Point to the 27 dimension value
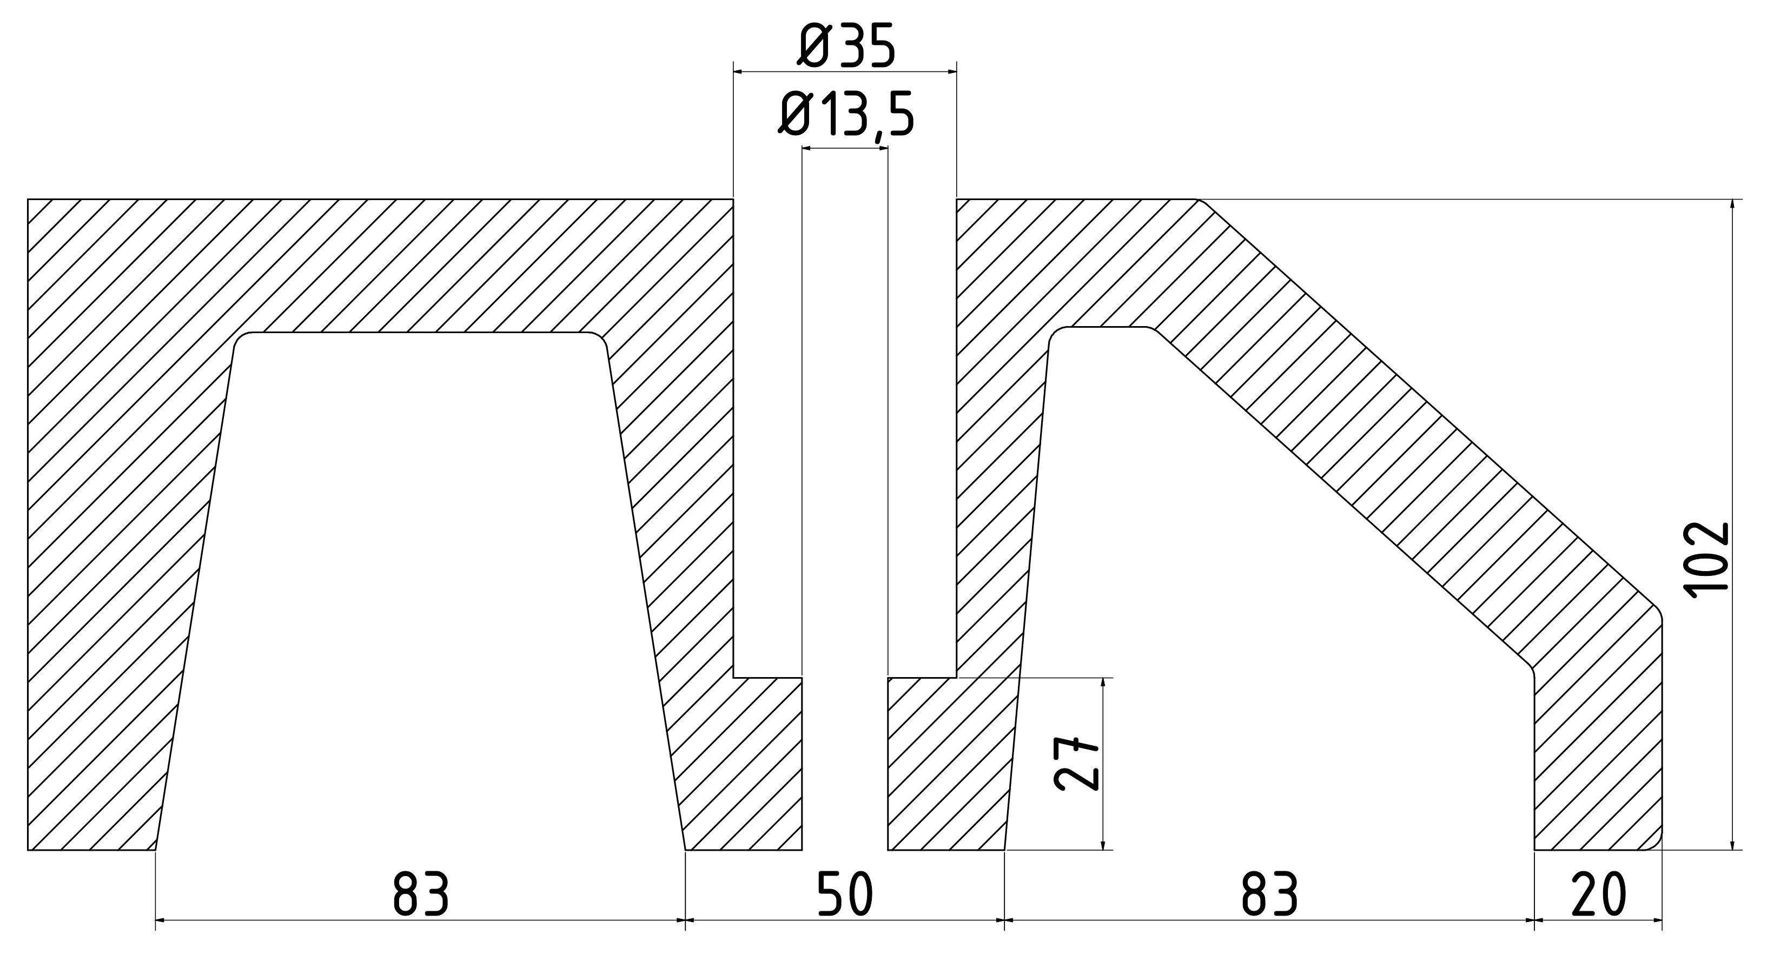click(1076, 764)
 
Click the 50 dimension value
click(846, 894)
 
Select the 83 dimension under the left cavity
click(421, 894)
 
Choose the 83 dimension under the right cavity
click(1269, 894)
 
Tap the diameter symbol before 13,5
click(798, 115)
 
